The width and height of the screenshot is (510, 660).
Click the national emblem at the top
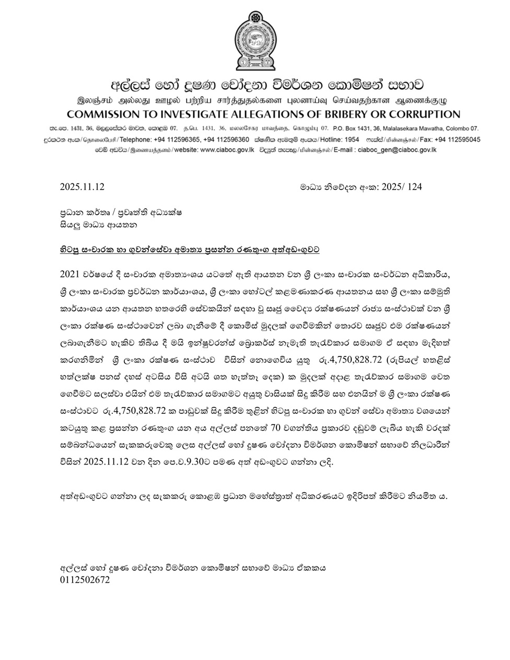[254, 41]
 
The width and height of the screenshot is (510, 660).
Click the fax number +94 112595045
[454, 140]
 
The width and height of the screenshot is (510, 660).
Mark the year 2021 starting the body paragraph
[69, 275]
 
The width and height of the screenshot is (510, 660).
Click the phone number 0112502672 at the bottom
[85, 580]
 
